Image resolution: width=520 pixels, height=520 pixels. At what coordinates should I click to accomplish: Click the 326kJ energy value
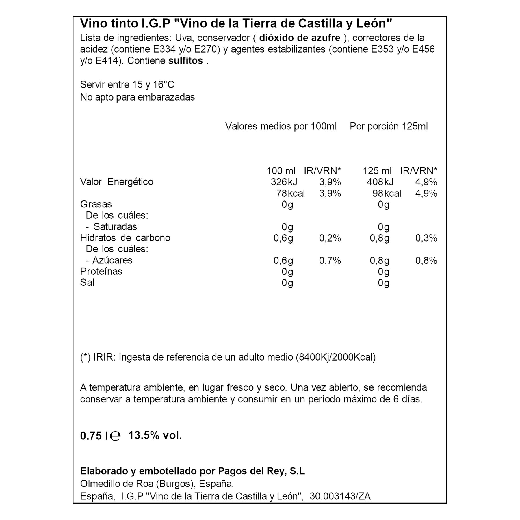284,182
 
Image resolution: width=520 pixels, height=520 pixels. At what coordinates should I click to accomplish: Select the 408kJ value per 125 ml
380,182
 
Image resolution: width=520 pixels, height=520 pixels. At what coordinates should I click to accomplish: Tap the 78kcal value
290,193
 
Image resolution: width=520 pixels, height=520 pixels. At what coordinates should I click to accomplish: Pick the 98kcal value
387,193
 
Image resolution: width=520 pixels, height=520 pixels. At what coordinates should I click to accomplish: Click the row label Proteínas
101,272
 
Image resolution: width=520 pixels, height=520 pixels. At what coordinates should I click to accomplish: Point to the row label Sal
87,283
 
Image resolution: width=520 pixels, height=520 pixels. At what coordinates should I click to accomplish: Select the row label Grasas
96,204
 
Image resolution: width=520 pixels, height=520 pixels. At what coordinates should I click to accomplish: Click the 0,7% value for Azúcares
330,261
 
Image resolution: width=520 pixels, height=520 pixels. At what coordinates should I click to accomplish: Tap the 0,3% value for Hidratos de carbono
426,238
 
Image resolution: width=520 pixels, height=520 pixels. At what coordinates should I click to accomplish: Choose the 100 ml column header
281,171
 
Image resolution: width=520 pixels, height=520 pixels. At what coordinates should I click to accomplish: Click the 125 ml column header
377,171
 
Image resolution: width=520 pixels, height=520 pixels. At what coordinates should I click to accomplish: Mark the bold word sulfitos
185,61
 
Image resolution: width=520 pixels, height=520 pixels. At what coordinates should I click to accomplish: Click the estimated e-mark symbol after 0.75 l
115,436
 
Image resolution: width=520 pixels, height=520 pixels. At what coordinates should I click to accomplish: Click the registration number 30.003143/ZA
340,496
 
